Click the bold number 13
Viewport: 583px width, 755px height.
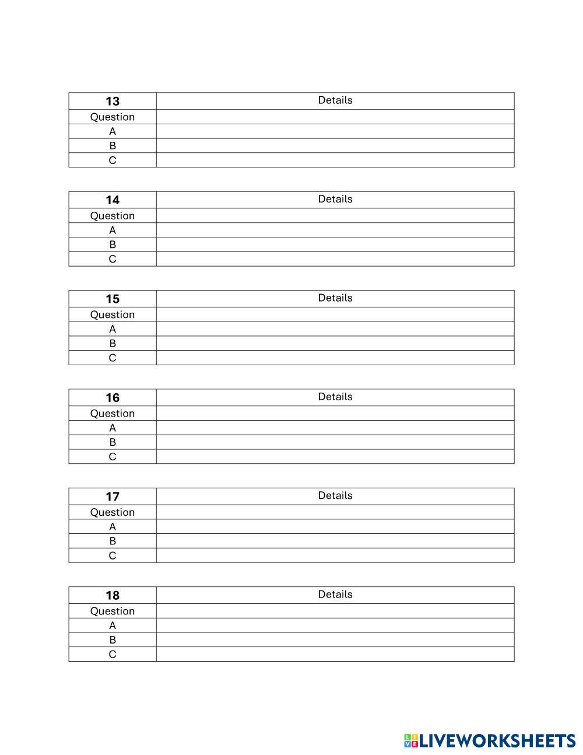pyautogui.click(x=113, y=102)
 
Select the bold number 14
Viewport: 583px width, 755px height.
pyautogui.click(x=113, y=200)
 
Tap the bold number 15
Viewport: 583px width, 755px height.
pyautogui.click(x=113, y=299)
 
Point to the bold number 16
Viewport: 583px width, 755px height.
pyautogui.click(x=113, y=398)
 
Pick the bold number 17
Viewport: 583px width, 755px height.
pyautogui.click(x=113, y=497)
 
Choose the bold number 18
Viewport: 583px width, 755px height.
pyautogui.click(x=113, y=595)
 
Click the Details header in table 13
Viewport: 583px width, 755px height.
pyautogui.click(x=335, y=100)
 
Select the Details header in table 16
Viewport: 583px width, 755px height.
pyautogui.click(x=335, y=397)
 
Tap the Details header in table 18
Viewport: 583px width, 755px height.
pyautogui.click(x=335, y=594)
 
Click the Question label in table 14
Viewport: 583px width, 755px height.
pyautogui.click(x=113, y=216)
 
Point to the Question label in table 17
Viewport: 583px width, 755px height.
pyautogui.click(x=113, y=512)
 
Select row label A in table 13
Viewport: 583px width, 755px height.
pyautogui.click(x=113, y=131)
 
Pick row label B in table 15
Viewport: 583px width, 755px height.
pyautogui.click(x=113, y=343)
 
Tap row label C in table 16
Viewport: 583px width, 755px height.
pyautogui.click(x=113, y=456)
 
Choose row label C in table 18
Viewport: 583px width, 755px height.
pyautogui.click(x=113, y=654)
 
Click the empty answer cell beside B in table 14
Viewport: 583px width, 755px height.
pyautogui.click(x=335, y=244)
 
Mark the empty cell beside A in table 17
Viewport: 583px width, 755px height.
pyautogui.click(x=335, y=526)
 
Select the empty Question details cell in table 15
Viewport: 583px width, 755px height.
pyautogui.click(x=335, y=314)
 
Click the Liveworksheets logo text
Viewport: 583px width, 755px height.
pyautogui.click(x=498, y=741)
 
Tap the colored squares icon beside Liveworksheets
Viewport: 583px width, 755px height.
pyautogui.click(x=411, y=741)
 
